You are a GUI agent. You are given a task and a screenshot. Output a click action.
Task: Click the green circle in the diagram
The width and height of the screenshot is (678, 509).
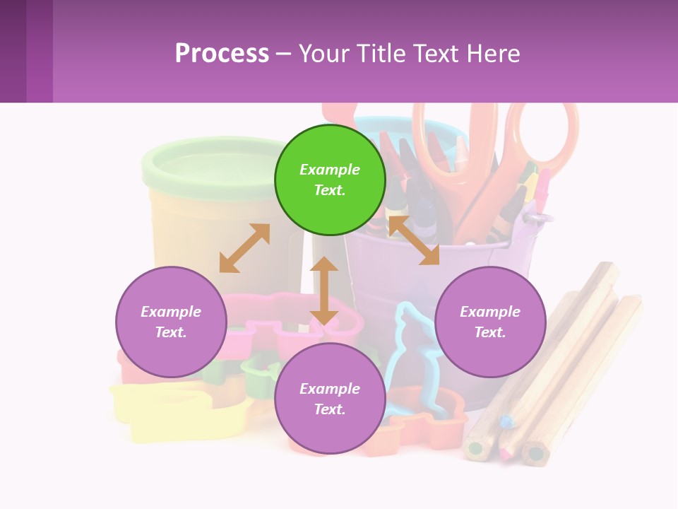tap(330, 180)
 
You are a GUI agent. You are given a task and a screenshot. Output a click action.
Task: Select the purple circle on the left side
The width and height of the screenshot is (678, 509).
tap(171, 322)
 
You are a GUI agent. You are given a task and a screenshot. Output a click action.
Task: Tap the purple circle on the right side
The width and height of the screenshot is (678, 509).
tap(490, 322)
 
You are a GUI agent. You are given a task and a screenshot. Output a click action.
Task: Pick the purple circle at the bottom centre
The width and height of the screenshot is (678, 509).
tap(330, 399)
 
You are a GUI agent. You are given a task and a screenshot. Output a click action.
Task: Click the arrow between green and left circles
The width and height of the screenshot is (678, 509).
tap(244, 248)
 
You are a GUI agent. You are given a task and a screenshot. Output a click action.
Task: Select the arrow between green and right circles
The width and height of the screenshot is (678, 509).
tap(414, 240)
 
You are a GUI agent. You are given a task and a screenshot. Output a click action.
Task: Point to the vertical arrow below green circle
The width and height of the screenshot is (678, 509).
tap(324, 291)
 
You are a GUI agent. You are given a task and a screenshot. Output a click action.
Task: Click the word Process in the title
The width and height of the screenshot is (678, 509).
tap(222, 53)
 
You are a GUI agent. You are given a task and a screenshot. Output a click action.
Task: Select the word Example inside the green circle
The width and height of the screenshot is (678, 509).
tap(330, 170)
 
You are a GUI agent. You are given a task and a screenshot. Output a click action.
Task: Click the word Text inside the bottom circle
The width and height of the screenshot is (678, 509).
tap(329, 409)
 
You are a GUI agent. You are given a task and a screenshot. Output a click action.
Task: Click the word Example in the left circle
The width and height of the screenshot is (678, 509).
tap(171, 312)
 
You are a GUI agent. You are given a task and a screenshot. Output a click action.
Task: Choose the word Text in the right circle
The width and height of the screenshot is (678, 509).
tap(489, 332)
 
